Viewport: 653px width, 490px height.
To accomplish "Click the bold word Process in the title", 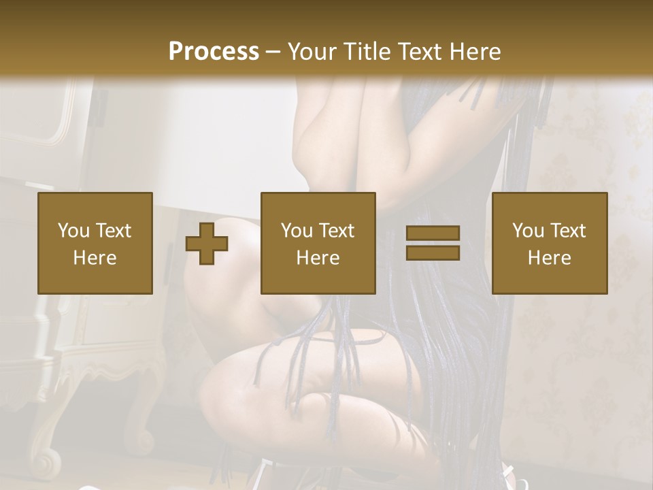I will tap(214, 52).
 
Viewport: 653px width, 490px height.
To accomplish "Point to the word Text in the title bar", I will tap(418, 52).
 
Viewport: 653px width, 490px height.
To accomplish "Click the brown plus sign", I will tap(207, 244).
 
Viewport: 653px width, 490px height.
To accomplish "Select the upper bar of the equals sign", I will tap(433, 233).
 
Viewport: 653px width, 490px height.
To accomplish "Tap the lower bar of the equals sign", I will tap(433, 252).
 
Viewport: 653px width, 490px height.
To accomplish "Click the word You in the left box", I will tap(73, 231).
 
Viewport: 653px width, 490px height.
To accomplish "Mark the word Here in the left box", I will tap(95, 258).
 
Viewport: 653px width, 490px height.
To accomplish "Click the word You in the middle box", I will tap(296, 231).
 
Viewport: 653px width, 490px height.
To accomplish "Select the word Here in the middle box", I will tap(318, 258).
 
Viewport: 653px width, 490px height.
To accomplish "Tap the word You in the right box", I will tap(527, 231).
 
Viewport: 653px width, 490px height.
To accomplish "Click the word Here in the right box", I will tap(549, 258).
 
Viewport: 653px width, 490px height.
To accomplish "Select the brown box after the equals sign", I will tap(550, 243).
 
